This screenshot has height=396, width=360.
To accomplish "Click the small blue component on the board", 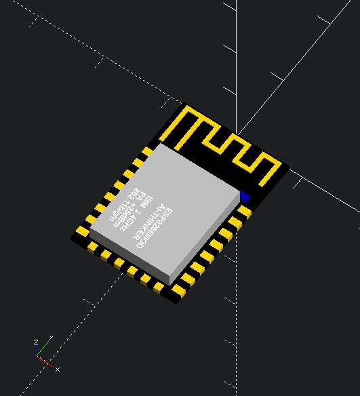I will (245, 197).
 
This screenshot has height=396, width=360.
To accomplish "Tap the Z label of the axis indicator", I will (35, 342).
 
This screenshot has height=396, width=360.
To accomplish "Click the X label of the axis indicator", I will (58, 370).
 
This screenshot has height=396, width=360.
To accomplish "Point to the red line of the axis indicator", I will (45, 362).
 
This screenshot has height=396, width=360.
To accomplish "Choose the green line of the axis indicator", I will (42, 350).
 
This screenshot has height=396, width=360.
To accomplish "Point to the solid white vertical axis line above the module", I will (237, 54).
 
